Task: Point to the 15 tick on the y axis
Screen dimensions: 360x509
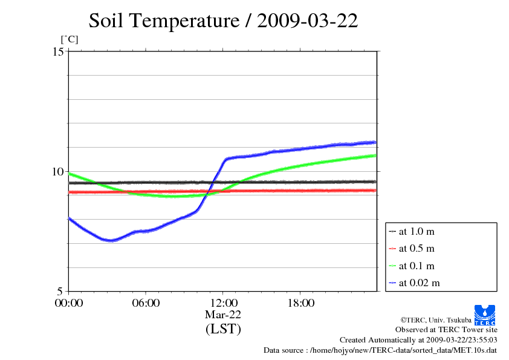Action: click(x=57, y=51)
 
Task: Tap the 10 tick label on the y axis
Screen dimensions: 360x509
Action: click(x=57, y=171)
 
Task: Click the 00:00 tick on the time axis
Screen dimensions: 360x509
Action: click(x=68, y=303)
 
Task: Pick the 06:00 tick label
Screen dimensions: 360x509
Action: click(x=146, y=303)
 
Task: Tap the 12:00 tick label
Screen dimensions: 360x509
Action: click(x=223, y=303)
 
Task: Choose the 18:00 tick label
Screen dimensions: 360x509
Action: click(x=300, y=303)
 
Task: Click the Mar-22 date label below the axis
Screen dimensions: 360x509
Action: click(x=223, y=315)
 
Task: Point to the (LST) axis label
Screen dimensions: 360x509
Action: click(x=223, y=329)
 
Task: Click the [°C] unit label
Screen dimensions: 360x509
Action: click(x=68, y=39)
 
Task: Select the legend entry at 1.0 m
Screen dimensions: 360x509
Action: click(x=417, y=231)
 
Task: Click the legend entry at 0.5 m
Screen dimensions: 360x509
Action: click(x=417, y=248)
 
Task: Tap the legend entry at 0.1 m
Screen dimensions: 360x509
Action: click(x=417, y=266)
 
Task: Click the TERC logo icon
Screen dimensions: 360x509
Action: click(x=485, y=314)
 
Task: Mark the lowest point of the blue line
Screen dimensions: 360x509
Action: click(x=111, y=241)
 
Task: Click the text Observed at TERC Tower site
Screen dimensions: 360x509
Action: click(x=446, y=330)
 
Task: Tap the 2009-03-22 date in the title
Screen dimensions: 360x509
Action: click(x=308, y=21)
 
